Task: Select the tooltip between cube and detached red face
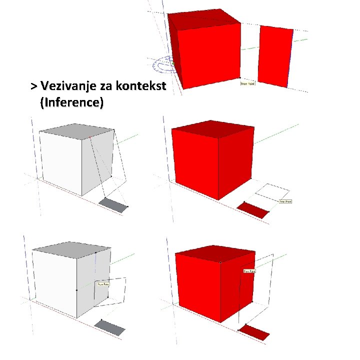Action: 248,84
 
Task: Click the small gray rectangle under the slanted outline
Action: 114,205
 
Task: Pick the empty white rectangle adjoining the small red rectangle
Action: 271,194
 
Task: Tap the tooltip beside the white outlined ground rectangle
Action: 285,201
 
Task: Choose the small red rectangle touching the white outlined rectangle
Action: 253,210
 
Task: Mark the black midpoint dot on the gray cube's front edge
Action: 76,289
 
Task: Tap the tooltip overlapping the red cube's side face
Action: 249,270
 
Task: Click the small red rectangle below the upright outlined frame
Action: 253,332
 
